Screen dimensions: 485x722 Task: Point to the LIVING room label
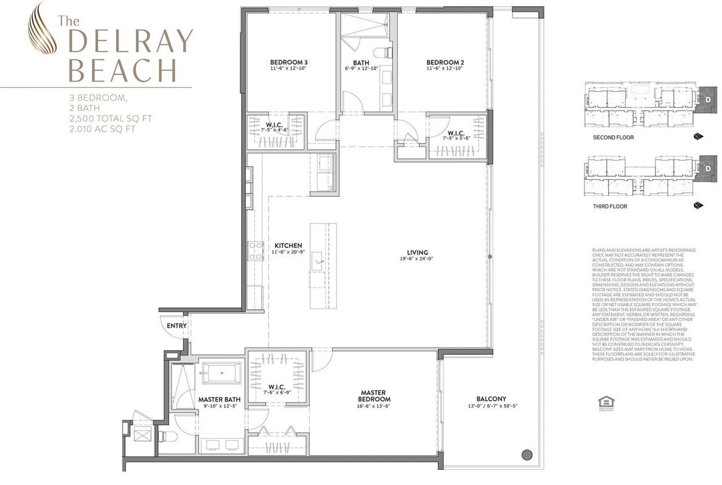click(x=417, y=253)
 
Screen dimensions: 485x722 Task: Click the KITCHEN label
click(x=288, y=246)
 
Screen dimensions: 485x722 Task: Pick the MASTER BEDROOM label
click(x=372, y=396)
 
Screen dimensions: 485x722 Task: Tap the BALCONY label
click(x=491, y=398)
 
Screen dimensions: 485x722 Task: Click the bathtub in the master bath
click(x=222, y=373)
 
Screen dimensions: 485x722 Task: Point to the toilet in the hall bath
click(x=387, y=53)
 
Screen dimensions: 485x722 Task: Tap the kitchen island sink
click(x=318, y=262)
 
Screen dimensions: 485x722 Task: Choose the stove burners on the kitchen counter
click(x=256, y=251)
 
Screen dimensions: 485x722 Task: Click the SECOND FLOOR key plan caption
click(x=613, y=138)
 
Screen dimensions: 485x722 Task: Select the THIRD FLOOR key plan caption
click(x=610, y=206)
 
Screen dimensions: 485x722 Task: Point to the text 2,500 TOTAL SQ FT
click(x=110, y=118)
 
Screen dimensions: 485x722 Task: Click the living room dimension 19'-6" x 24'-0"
click(x=417, y=259)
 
